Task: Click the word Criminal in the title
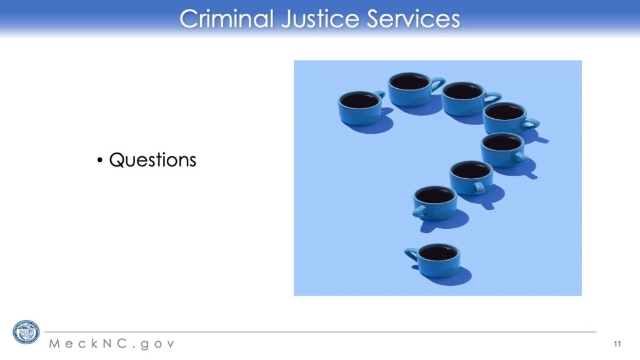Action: point(226,19)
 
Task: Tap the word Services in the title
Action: point(413,19)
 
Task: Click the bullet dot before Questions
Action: point(100,160)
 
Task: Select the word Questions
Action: point(152,159)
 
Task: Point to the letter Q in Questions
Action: point(117,160)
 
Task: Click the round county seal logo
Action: point(26,332)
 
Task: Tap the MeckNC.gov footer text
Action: point(112,344)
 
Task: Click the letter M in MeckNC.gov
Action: point(55,343)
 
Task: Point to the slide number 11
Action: point(617,344)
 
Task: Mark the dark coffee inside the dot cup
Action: point(438,252)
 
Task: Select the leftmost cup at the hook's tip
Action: point(361,107)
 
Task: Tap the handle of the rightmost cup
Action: point(531,123)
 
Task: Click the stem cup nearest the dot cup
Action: point(435,203)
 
